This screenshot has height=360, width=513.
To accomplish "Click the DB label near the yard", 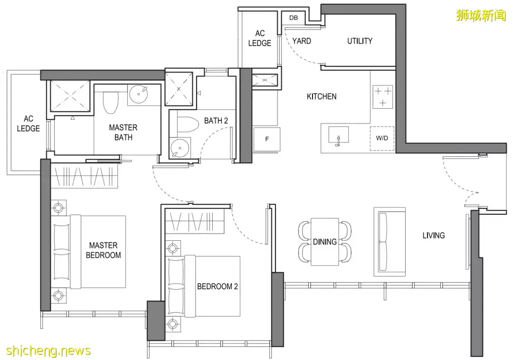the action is pos(294,18).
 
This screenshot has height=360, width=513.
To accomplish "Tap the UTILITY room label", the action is pos(360,41).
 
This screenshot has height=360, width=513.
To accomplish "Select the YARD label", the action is pos(301,41).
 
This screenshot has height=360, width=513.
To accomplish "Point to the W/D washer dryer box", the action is pos(382,138).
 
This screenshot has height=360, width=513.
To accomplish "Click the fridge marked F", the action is pos(266,139).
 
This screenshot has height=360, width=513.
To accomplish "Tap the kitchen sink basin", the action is pos(338,134).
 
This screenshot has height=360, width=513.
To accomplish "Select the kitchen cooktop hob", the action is pos(383,96).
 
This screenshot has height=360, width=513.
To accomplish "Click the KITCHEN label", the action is pos(322,96).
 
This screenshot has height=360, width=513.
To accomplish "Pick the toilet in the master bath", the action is pos(111,102).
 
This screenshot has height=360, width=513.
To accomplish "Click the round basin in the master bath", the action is pos(138,95).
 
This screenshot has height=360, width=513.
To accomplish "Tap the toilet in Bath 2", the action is pos(188,124).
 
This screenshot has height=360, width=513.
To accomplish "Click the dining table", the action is pos(325,242).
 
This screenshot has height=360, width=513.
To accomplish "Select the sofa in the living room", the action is pos(389,242).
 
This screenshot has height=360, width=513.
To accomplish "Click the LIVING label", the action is pos(434,236).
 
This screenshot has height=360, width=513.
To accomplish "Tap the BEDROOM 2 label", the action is pos(217,286).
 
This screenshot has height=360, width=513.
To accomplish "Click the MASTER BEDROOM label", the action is pos(104,250).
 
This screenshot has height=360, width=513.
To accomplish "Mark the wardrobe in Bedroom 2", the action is pos(195,221).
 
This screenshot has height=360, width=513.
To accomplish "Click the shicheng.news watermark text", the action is pos(48,351).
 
